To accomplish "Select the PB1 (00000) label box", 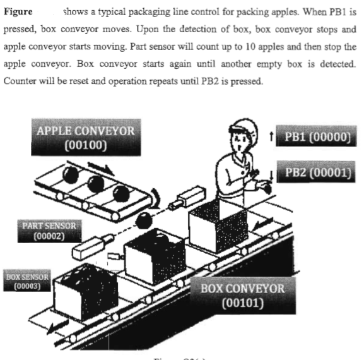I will pyautogui.click(x=313, y=139).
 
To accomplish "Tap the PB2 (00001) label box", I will pyautogui.click(x=313, y=174).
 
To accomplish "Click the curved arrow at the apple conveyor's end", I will pyautogui.click(x=155, y=201).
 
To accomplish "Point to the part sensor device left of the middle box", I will pyautogui.click(x=92, y=246).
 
